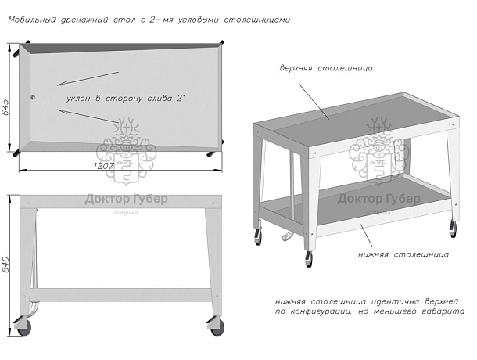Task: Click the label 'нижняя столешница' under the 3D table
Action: pyautogui.click(x=403, y=254)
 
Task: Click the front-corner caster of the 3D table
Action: pyautogui.click(x=310, y=258)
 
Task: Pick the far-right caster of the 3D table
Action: pyautogui.click(x=453, y=228)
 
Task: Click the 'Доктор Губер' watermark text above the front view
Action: pyautogui.click(x=125, y=199)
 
